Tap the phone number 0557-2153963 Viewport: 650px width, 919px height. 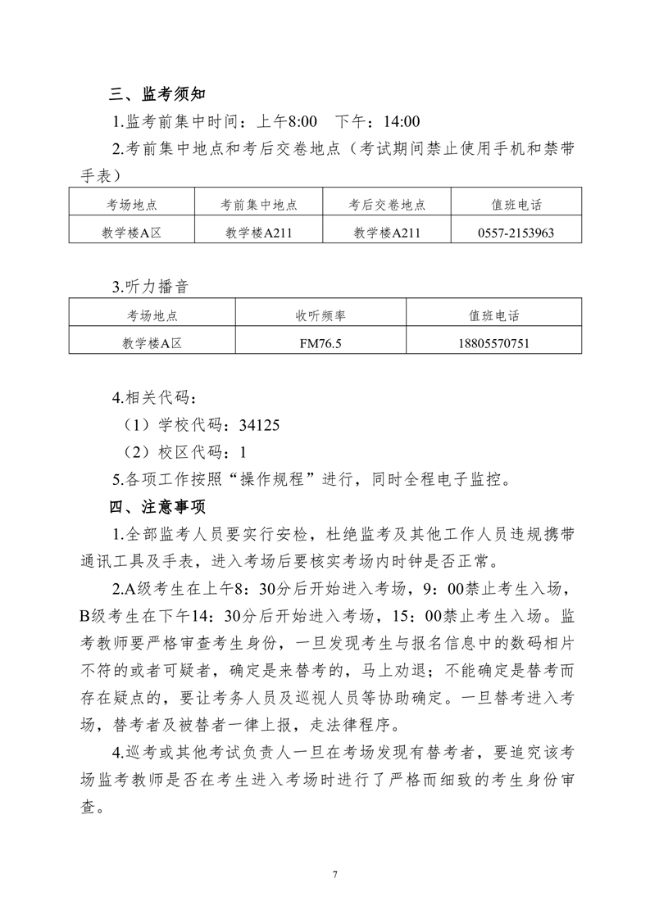click(x=516, y=233)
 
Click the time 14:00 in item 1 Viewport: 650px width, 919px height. click(x=402, y=122)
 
